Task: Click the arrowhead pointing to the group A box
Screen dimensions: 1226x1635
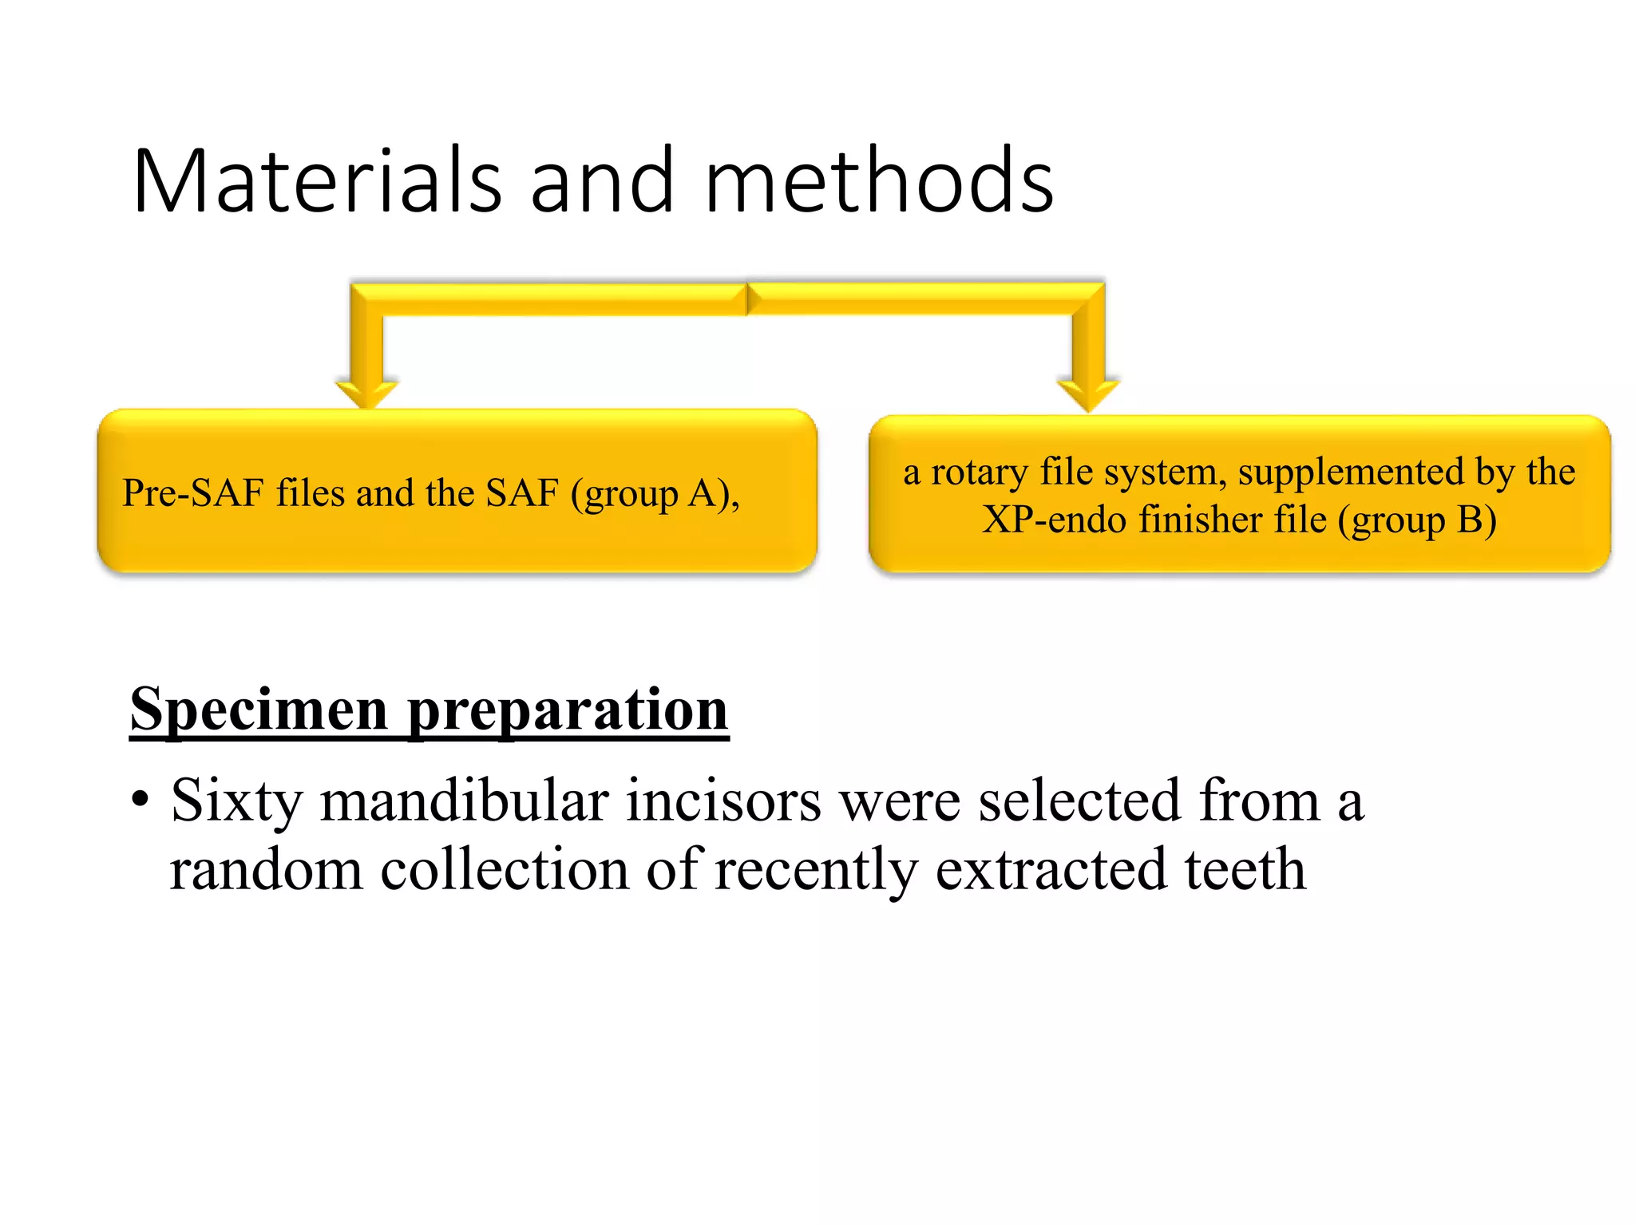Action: [366, 394]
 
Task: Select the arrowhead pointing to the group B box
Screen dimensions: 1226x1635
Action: [1088, 395]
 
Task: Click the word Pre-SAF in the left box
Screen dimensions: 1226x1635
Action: [192, 493]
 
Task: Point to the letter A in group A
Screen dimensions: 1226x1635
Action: [703, 493]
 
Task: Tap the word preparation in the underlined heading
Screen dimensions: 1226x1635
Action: [568, 710]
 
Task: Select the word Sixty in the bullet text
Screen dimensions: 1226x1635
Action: [236, 801]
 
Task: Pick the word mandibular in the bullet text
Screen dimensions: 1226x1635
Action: [465, 801]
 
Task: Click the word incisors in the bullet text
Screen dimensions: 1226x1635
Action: [723, 801]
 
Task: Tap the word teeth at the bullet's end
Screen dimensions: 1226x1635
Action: [1245, 869]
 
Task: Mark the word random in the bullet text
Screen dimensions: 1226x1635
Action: [266, 869]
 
